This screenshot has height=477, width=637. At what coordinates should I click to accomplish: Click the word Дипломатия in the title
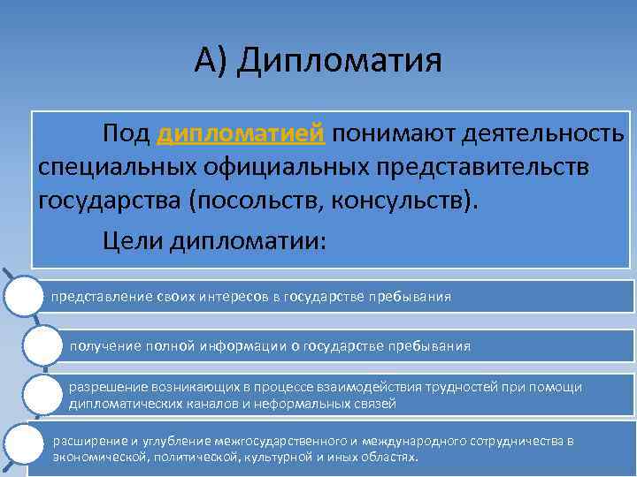339,61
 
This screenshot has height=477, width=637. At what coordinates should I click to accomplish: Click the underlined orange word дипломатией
242,133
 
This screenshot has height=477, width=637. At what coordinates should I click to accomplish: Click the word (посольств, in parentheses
254,201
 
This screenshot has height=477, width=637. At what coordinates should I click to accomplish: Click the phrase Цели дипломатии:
213,239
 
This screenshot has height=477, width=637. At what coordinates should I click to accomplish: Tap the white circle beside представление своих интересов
23,297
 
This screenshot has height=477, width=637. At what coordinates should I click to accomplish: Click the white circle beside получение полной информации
42,346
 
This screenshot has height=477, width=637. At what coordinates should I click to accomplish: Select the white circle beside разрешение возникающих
42,395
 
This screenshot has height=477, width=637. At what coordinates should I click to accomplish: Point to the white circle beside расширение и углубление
25,445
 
